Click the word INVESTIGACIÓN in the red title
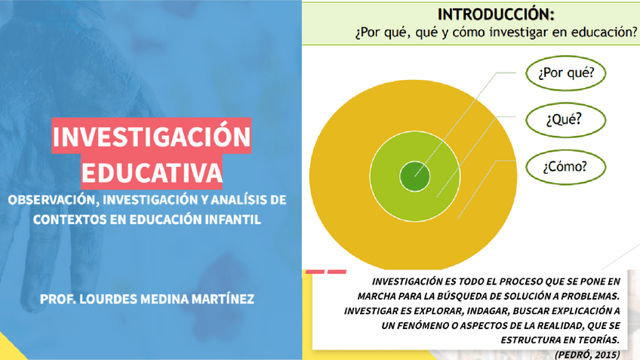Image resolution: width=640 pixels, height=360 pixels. tap(151, 137)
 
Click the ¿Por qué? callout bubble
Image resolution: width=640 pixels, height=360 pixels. tap(565, 74)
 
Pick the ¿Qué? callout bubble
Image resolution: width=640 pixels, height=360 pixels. tap(565, 119)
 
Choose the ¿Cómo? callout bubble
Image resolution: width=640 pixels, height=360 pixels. tap(565, 166)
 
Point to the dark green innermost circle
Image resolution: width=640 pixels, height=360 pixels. tap(414, 176)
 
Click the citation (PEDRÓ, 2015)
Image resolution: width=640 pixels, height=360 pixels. tap(586, 353)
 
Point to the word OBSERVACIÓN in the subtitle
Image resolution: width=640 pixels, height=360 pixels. tap(52, 201)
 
